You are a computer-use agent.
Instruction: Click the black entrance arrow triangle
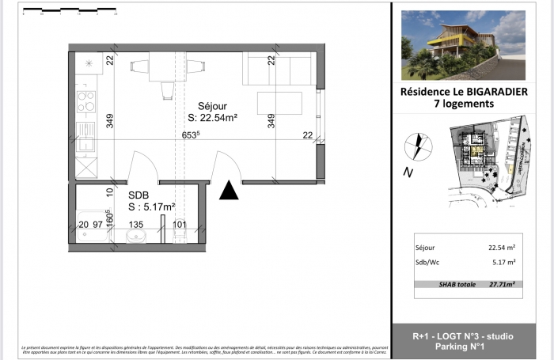point(229,191)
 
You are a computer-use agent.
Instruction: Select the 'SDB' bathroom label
point(138,194)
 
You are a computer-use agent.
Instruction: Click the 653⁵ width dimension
point(190,135)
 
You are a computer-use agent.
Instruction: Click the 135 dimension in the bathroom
point(135,225)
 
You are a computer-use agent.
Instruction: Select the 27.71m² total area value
point(501,283)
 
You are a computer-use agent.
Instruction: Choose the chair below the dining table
point(166,90)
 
